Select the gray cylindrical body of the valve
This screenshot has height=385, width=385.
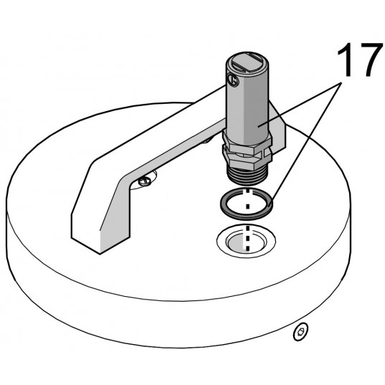248,108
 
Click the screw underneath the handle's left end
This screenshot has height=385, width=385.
146,182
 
